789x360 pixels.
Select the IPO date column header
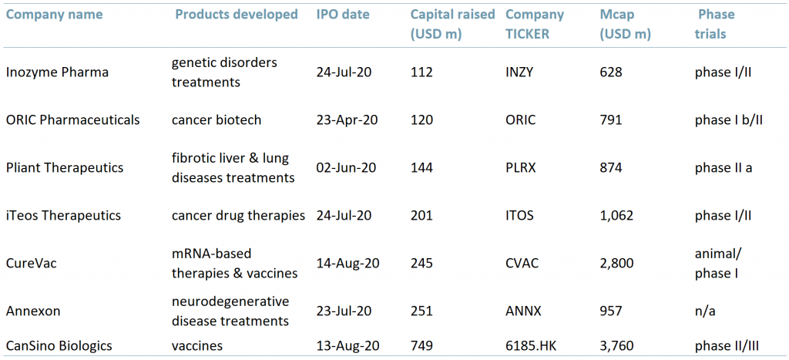[x=343, y=14]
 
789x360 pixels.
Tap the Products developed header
[x=236, y=14]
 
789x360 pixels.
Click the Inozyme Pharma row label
[x=57, y=72]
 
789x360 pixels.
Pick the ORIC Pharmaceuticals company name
[x=72, y=119]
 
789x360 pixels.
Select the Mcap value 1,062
[x=616, y=215]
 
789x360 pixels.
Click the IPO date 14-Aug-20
[x=348, y=263]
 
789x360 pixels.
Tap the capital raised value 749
[x=422, y=346]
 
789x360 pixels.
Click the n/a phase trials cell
[x=704, y=311]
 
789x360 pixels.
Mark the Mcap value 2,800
[x=616, y=263]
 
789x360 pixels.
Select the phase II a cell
[x=723, y=167]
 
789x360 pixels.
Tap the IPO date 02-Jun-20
[x=347, y=167]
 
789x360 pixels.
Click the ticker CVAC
[x=522, y=263]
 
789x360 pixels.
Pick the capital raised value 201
[x=422, y=215]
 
